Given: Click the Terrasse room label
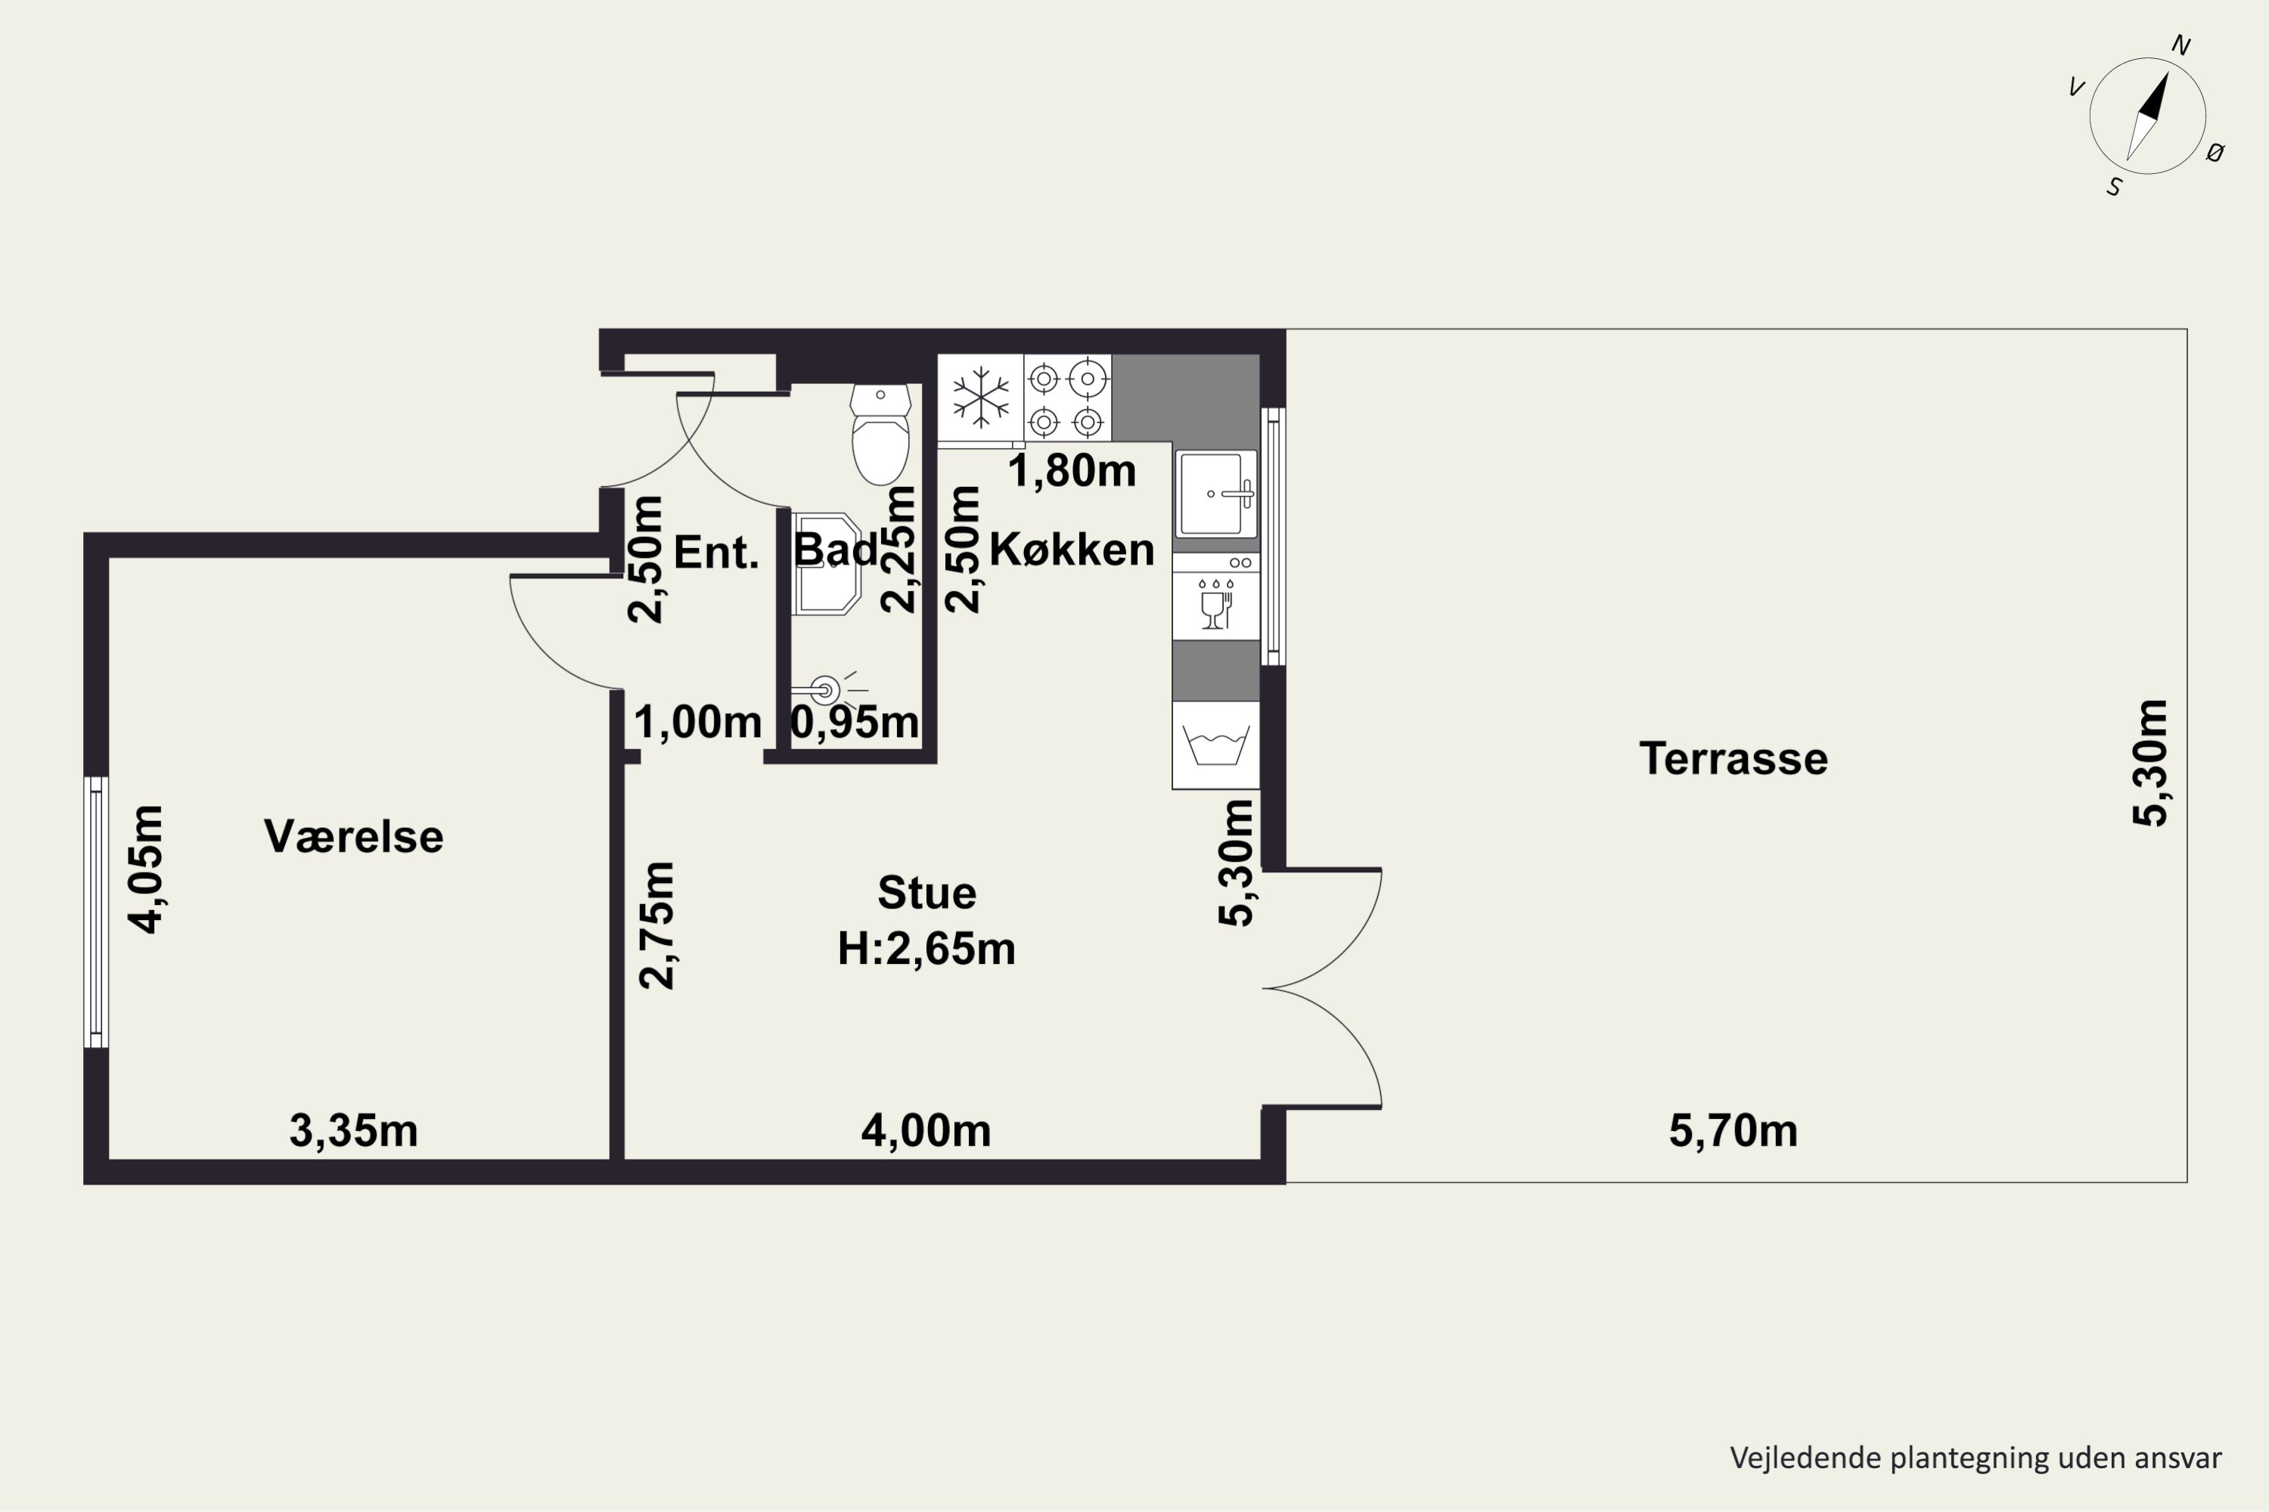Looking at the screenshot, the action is [x=1734, y=759].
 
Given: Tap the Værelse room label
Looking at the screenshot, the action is [x=354, y=836].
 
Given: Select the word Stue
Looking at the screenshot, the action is [x=926, y=893].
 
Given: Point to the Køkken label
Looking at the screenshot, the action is [x=1072, y=550].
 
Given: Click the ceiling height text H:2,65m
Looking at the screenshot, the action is [x=926, y=949].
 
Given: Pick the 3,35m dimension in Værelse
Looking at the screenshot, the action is [x=354, y=1131].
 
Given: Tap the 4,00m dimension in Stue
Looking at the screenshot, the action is [x=926, y=1131].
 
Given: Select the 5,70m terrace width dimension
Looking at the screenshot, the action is [x=1734, y=1131].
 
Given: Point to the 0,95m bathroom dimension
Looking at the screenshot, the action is [x=855, y=722].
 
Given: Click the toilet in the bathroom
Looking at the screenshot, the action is [x=880, y=434].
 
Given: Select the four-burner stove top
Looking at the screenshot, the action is [x=1067, y=398].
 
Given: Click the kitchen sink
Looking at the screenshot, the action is [x=1215, y=494].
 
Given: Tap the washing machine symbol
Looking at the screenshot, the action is [x=1215, y=745].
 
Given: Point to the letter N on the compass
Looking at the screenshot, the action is [x=2181, y=45].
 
